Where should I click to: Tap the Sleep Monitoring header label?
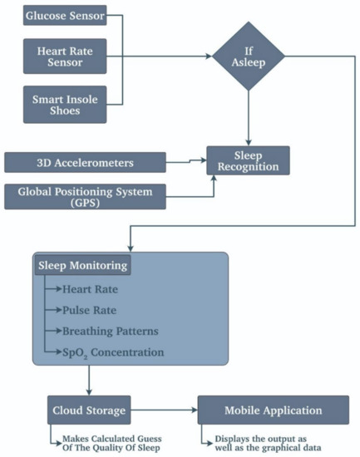(81, 267)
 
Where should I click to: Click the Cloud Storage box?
(88, 410)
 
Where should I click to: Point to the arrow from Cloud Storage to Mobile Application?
(165, 410)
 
